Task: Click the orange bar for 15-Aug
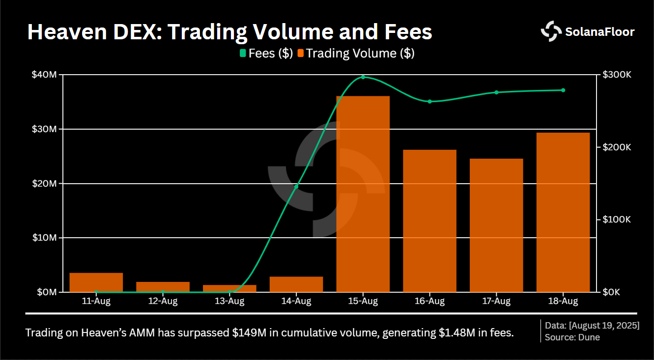pyautogui.click(x=363, y=194)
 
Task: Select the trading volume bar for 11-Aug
pyautogui.click(x=96, y=282)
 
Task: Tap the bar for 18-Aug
pyautogui.click(x=563, y=212)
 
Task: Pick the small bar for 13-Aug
pyautogui.click(x=229, y=288)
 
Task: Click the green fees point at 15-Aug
pyautogui.click(x=363, y=77)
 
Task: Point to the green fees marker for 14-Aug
pyautogui.click(x=296, y=187)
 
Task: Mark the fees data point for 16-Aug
pyautogui.click(x=429, y=102)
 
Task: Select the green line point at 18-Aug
pyautogui.click(x=563, y=90)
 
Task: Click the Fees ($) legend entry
pyautogui.click(x=266, y=53)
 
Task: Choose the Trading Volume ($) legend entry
pyautogui.click(x=356, y=53)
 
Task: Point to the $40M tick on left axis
pyautogui.click(x=44, y=75)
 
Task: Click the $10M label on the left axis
pyautogui.click(x=44, y=238)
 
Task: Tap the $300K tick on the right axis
pyautogui.click(x=617, y=75)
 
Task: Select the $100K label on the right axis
pyautogui.click(x=617, y=220)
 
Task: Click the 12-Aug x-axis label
pyautogui.click(x=163, y=301)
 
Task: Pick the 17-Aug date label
pyautogui.click(x=496, y=301)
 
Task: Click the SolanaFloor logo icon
pyautogui.click(x=551, y=31)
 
